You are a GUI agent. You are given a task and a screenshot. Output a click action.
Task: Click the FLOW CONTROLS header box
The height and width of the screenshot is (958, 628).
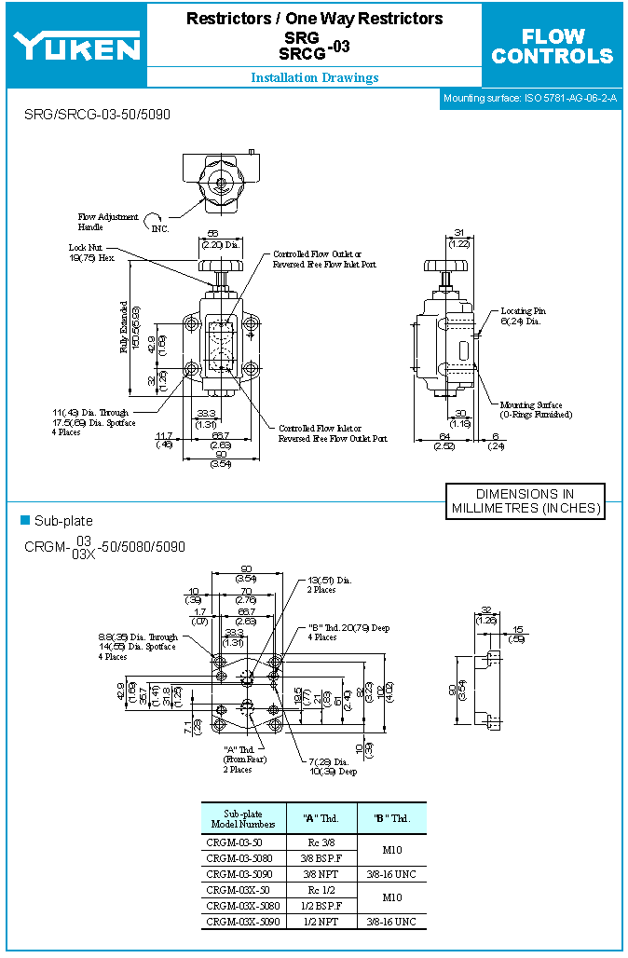553,46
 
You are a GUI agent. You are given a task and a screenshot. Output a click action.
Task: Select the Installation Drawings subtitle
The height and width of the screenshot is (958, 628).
314,78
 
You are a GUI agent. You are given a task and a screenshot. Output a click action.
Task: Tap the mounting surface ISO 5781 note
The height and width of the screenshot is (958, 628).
529,98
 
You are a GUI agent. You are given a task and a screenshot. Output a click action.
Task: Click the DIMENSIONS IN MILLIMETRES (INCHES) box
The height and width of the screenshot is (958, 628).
525,501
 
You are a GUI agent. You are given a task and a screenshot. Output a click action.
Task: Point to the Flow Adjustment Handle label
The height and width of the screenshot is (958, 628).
108,222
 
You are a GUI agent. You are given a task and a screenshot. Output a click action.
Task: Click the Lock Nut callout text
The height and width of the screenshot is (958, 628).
89,253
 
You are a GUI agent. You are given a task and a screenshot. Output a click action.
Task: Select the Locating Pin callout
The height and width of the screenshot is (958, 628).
523,316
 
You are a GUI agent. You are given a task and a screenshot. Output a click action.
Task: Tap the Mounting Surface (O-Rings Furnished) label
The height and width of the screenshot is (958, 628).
536,409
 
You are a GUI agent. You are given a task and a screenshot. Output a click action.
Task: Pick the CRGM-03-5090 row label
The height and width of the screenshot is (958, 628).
239,874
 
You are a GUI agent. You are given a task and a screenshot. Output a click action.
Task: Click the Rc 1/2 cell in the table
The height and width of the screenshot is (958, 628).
322,890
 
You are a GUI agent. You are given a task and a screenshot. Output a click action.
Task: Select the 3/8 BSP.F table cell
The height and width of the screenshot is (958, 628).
322,858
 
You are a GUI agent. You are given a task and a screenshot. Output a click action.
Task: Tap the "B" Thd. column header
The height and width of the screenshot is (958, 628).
391,818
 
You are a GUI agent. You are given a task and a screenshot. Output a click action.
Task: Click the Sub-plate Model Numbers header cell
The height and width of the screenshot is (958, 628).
244,818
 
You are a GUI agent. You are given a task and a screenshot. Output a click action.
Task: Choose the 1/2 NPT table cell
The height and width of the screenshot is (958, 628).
322,921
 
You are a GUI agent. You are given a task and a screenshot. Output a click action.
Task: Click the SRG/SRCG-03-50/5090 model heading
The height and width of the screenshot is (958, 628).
97,114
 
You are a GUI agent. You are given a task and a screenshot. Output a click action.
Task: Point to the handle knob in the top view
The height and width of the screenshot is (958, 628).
222,177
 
